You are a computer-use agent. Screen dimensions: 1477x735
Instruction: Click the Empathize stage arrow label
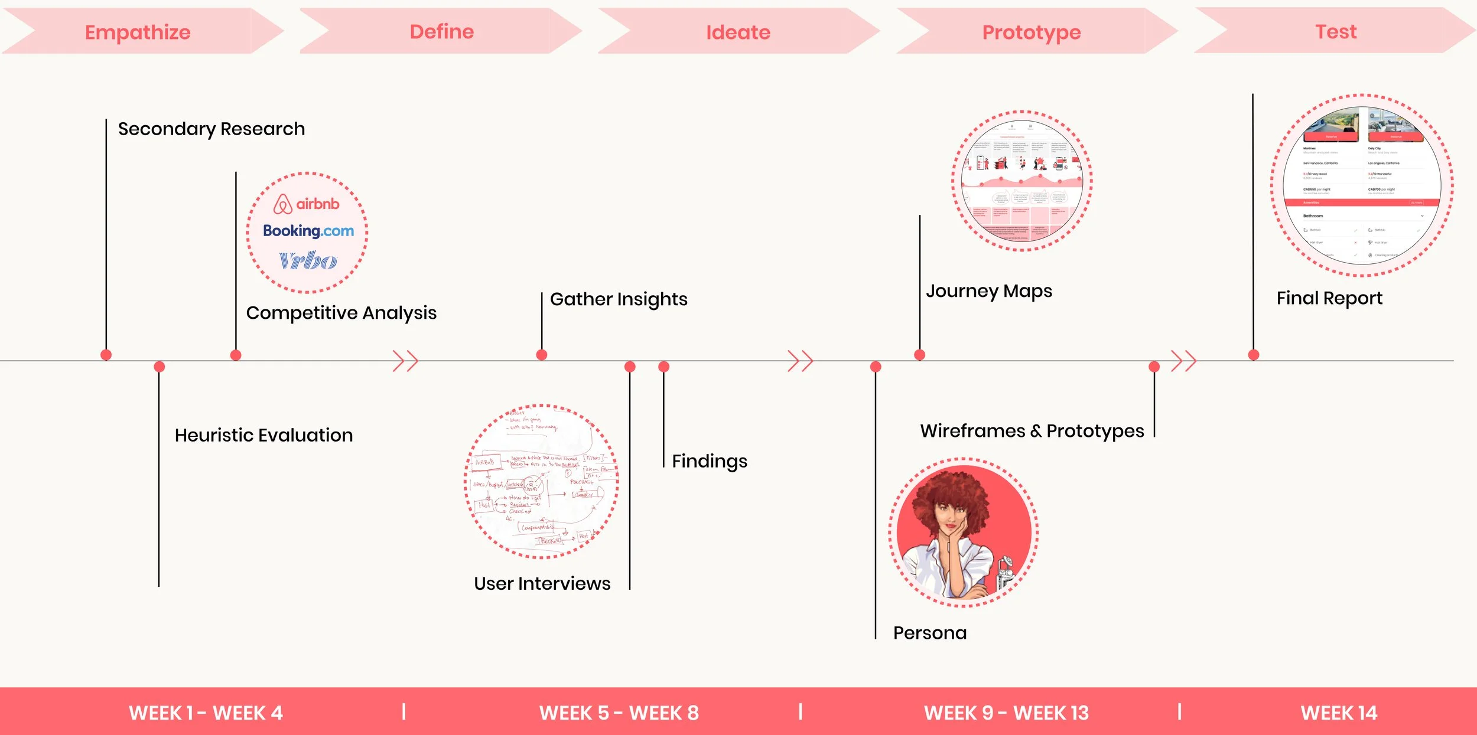[138, 32]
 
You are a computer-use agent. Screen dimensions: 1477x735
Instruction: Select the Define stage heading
[442, 32]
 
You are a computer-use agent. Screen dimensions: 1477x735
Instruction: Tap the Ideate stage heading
[738, 32]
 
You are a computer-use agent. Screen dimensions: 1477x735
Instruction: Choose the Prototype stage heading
[1032, 32]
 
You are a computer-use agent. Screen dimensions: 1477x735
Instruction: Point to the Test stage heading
[1336, 32]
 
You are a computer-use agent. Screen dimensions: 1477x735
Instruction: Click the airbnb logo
[307, 204]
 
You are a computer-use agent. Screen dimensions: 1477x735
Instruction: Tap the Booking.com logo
[308, 231]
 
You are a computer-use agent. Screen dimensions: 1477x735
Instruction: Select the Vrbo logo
[308, 260]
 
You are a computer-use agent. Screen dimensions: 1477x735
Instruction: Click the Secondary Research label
[212, 129]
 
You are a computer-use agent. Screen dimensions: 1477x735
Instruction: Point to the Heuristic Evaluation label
[263, 435]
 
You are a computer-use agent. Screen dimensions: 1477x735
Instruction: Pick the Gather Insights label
[619, 299]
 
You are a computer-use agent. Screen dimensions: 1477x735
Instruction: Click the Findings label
[710, 461]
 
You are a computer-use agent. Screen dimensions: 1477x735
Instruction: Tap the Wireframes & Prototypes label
[1032, 431]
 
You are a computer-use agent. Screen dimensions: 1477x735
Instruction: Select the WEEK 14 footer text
[1339, 713]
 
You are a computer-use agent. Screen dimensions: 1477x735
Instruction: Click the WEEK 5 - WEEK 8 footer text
[619, 713]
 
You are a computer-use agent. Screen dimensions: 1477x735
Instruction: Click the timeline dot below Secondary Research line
[106, 355]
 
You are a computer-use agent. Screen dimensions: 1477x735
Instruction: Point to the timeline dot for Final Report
[1254, 355]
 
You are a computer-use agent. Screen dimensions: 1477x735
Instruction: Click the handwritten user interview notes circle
[542, 481]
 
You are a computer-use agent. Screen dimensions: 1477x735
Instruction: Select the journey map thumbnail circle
[1022, 181]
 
